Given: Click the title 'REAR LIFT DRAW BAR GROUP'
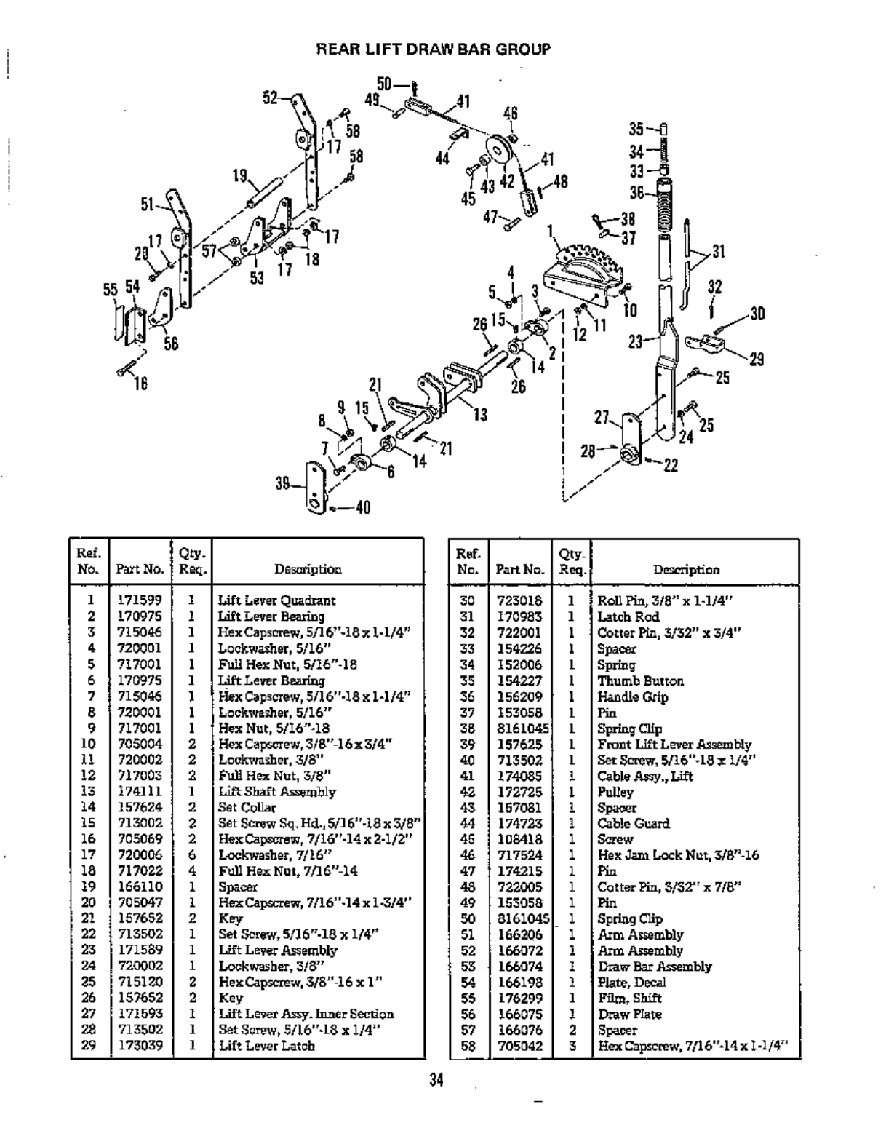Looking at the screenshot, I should coord(434,49).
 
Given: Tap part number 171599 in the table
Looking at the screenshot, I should coord(140,600).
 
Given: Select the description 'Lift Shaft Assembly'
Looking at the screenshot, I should coord(277,792).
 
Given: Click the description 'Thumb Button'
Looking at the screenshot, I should coord(640,681).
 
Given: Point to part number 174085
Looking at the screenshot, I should coord(519,776).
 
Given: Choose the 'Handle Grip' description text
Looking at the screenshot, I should coord(632,697).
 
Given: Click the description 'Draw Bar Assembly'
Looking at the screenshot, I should coord(654,967).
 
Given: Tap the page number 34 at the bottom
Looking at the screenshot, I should coord(436,1080).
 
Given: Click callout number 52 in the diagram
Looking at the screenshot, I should coord(270,98).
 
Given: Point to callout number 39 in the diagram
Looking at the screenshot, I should coord(283,483).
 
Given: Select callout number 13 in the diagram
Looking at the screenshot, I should coord(480,415).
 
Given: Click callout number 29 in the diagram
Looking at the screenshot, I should coord(757,359).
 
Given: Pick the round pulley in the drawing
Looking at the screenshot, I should coord(500,153).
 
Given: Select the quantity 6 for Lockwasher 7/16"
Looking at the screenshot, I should coord(193,855).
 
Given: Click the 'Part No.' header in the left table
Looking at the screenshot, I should coord(140,569).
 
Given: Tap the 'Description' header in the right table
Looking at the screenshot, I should coord(686,570).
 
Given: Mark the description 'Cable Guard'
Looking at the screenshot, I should coord(633,824).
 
